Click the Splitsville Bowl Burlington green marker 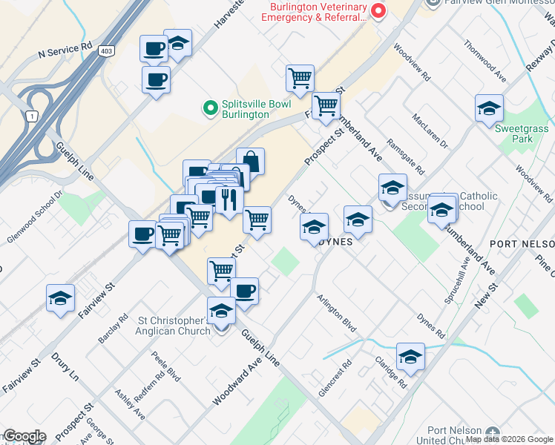[210, 109]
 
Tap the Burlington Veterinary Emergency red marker [378, 10]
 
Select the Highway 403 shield [106, 50]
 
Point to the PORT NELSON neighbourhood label [522, 245]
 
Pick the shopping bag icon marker [251, 161]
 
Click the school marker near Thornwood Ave [489, 108]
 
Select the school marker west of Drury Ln [60, 298]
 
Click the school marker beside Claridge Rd [410, 357]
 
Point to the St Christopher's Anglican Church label [175, 326]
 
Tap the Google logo [24, 436]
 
